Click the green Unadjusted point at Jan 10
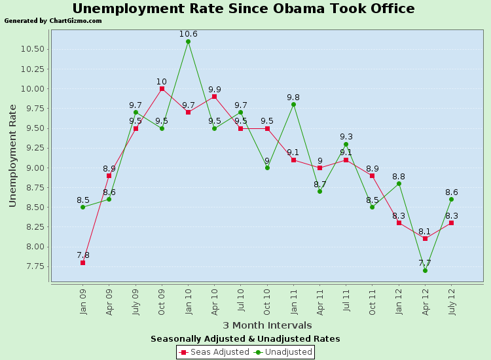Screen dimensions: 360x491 188,41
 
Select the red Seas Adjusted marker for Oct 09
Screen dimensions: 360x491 162,88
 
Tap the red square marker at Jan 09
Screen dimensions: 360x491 82,262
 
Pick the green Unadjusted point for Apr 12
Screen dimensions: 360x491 425,270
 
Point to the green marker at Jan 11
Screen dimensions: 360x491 293,104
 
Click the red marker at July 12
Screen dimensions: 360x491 451,223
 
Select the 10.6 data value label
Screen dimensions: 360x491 188,33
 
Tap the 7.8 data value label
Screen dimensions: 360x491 82,255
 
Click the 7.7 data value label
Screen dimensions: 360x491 425,262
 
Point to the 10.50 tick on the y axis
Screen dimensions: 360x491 35,49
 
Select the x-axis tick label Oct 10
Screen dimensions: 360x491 267,302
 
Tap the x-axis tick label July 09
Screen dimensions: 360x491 136,303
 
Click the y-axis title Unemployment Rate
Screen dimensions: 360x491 13,155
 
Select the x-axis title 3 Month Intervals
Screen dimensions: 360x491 267,325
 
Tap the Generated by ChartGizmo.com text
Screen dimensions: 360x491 53,21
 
